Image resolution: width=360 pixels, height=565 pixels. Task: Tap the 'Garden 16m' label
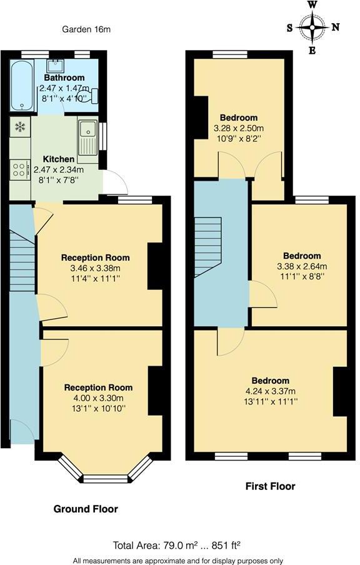pos(87,29)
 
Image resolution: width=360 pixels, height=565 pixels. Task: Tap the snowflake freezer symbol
pos(20,127)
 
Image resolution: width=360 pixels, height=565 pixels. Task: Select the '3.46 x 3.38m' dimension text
pos(95,268)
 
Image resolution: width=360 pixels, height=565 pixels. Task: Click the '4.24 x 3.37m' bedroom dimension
pos(270,391)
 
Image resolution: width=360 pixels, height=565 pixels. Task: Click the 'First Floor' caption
pos(270,486)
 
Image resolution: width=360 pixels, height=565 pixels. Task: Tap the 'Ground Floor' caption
pos(86,509)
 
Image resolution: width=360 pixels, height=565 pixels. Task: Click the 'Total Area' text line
pos(176,544)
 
